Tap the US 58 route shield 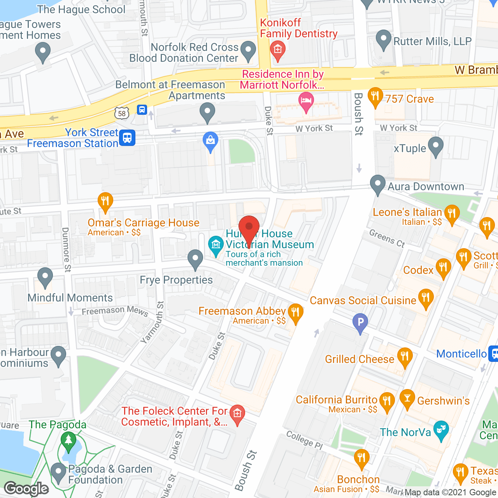[122, 113]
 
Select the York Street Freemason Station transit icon [127, 138]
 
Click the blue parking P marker [360, 322]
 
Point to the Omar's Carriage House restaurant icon [105, 201]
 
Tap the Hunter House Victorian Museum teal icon [215, 245]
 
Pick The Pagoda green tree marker [68, 440]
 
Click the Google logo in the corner [26, 489]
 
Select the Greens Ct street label [387, 238]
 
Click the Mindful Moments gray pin [45, 277]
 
